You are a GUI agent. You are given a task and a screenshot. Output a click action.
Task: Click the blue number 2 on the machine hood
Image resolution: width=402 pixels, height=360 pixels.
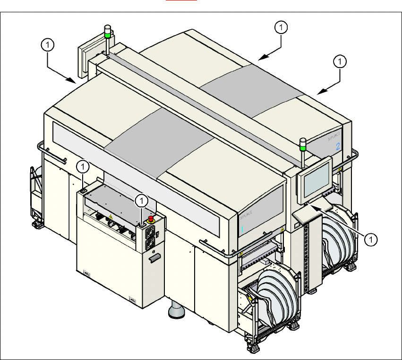tap(338, 146)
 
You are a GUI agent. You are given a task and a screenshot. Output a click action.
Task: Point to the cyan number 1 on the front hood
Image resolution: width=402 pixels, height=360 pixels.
tap(242, 229)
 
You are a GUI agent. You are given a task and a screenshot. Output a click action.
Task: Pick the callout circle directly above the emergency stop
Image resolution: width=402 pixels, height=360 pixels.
tap(142, 200)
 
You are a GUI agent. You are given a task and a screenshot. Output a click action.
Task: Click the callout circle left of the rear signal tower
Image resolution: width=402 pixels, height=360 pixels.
tap(48, 45)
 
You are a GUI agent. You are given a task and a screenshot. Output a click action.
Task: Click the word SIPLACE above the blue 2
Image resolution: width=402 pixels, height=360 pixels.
tap(335, 137)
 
